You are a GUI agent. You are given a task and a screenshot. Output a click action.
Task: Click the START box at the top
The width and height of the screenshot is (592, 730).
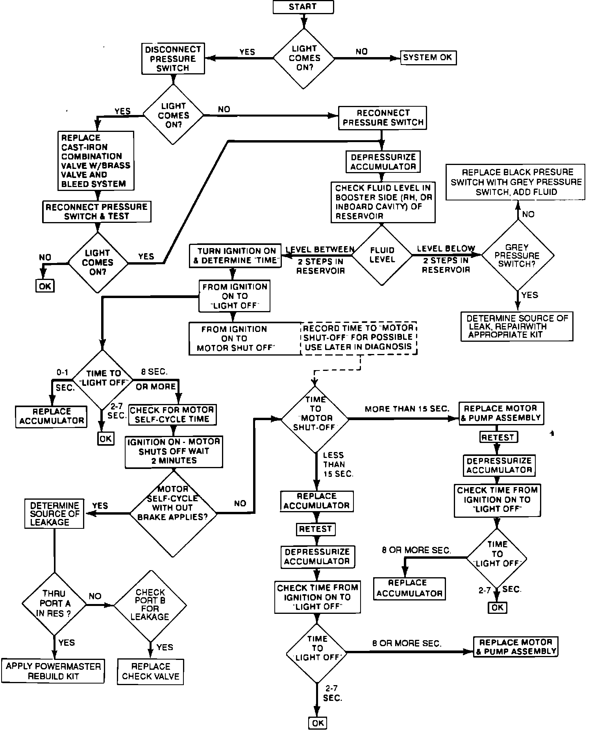point(303,7)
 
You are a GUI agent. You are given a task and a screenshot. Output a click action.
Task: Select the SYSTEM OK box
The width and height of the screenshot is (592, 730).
point(428,58)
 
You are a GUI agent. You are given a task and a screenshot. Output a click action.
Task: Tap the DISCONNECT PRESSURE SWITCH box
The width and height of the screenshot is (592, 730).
point(173,59)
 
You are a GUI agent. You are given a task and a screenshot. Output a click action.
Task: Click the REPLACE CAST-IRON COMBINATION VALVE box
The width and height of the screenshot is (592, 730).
point(96,161)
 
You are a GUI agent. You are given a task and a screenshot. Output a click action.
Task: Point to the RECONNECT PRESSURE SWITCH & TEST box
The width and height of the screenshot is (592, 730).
point(96,211)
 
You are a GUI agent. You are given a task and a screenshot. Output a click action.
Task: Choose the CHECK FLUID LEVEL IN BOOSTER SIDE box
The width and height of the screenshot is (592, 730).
point(383,202)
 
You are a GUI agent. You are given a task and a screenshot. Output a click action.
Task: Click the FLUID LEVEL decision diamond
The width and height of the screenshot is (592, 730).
point(382,255)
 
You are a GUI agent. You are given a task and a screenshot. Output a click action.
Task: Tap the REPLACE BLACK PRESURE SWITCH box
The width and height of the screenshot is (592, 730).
point(516,182)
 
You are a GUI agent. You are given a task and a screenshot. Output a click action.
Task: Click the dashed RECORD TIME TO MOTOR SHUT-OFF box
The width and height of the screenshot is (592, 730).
point(358,337)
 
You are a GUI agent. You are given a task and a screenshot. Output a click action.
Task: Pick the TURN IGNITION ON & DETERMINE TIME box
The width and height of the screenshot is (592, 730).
point(235,256)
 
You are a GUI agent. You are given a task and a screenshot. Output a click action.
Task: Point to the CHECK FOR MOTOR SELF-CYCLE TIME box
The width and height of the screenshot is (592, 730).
point(172,415)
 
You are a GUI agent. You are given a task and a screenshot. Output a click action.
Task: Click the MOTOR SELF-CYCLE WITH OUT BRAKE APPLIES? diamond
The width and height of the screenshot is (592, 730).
point(173,513)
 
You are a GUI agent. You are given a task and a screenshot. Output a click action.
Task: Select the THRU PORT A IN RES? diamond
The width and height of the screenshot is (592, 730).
point(54,604)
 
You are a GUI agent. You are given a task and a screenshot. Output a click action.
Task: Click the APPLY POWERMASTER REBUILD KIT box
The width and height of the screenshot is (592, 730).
point(54,671)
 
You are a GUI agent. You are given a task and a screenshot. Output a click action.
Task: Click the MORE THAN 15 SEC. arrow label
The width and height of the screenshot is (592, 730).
point(407,409)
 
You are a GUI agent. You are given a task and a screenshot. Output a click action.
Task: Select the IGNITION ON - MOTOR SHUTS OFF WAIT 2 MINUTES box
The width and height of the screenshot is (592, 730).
point(174,451)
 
